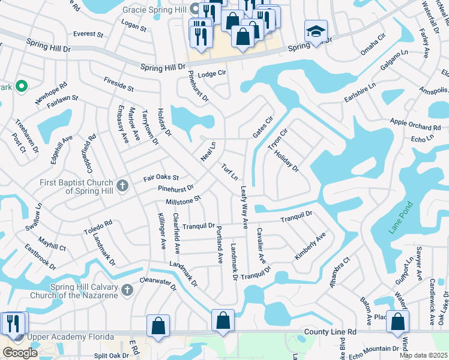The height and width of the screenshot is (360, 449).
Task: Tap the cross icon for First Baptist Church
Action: click(122, 185)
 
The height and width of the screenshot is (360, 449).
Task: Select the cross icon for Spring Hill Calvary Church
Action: click(126, 291)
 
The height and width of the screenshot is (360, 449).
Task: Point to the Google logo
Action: click(20, 353)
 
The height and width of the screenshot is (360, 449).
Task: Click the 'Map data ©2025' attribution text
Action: click(424, 355)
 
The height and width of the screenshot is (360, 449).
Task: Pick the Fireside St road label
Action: click(118, 83)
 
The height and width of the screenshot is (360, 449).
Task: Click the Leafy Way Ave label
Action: click(244, 207)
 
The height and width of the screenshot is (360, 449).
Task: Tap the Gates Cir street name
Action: click(263, 127)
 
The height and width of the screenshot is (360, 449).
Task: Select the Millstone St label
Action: click(178, 198)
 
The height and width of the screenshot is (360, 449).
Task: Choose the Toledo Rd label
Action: click(98, 226)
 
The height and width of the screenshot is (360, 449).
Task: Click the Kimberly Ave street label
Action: click(310, 246)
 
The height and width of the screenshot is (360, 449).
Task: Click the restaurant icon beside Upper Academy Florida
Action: click(12, 324)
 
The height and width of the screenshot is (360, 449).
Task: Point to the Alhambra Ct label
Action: click(339, 274)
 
